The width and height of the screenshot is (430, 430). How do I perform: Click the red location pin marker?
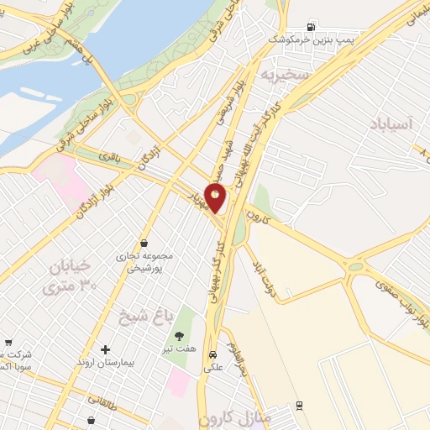(216, 197)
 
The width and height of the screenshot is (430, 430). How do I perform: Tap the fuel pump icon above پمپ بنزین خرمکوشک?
(313, 24)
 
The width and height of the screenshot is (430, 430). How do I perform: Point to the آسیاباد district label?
(391, 124)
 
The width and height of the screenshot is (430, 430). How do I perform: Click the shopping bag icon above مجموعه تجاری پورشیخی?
(144, 243)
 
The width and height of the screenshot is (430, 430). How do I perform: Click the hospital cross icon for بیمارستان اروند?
(105, 349)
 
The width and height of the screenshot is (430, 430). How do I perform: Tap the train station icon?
(300, 406)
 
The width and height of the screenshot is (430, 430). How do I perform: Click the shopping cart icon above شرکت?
(8, 342)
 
